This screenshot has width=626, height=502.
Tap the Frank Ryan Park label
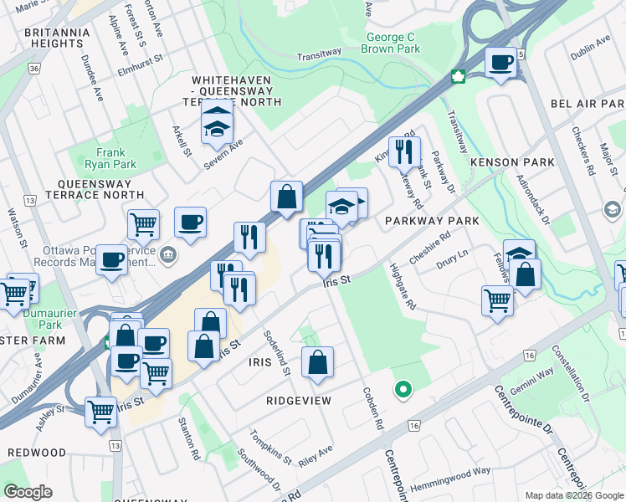[116, 158]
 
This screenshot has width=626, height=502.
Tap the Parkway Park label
[432, 221]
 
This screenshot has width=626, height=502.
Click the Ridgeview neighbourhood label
[299, 401]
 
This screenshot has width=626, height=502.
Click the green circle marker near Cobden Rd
[403, 389]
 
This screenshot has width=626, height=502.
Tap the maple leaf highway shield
[458, 76]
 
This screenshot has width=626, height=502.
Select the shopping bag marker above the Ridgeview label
[317, 361]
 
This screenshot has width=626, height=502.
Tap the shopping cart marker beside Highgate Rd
[497, 299]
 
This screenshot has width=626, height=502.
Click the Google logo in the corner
[28, 492]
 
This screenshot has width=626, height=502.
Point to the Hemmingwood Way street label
[456, 473]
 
